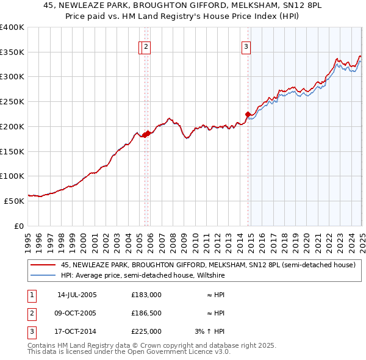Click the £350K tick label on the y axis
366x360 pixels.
12,52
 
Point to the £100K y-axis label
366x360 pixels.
12,176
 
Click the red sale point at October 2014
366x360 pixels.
248,114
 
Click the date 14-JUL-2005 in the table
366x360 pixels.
77,295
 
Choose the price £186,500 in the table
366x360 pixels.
146,314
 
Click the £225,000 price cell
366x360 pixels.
146,332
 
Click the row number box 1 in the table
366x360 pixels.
31,295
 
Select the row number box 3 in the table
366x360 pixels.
31,332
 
